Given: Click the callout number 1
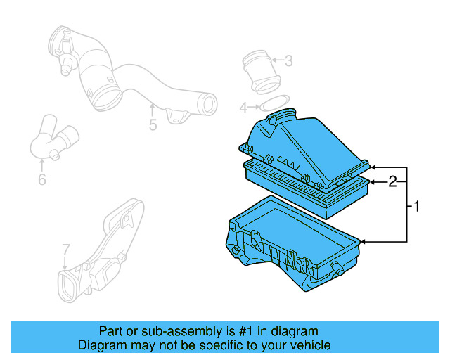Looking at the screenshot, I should pos(416,207).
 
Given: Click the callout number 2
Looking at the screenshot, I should pos(394,181).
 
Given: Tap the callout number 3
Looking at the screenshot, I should pos(288,61).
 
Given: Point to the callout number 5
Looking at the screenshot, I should pos(153,125).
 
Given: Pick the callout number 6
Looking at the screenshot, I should pos(42,180).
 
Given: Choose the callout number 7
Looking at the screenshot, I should pos(65,250).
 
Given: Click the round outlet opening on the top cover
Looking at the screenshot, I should pos(285,115).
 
